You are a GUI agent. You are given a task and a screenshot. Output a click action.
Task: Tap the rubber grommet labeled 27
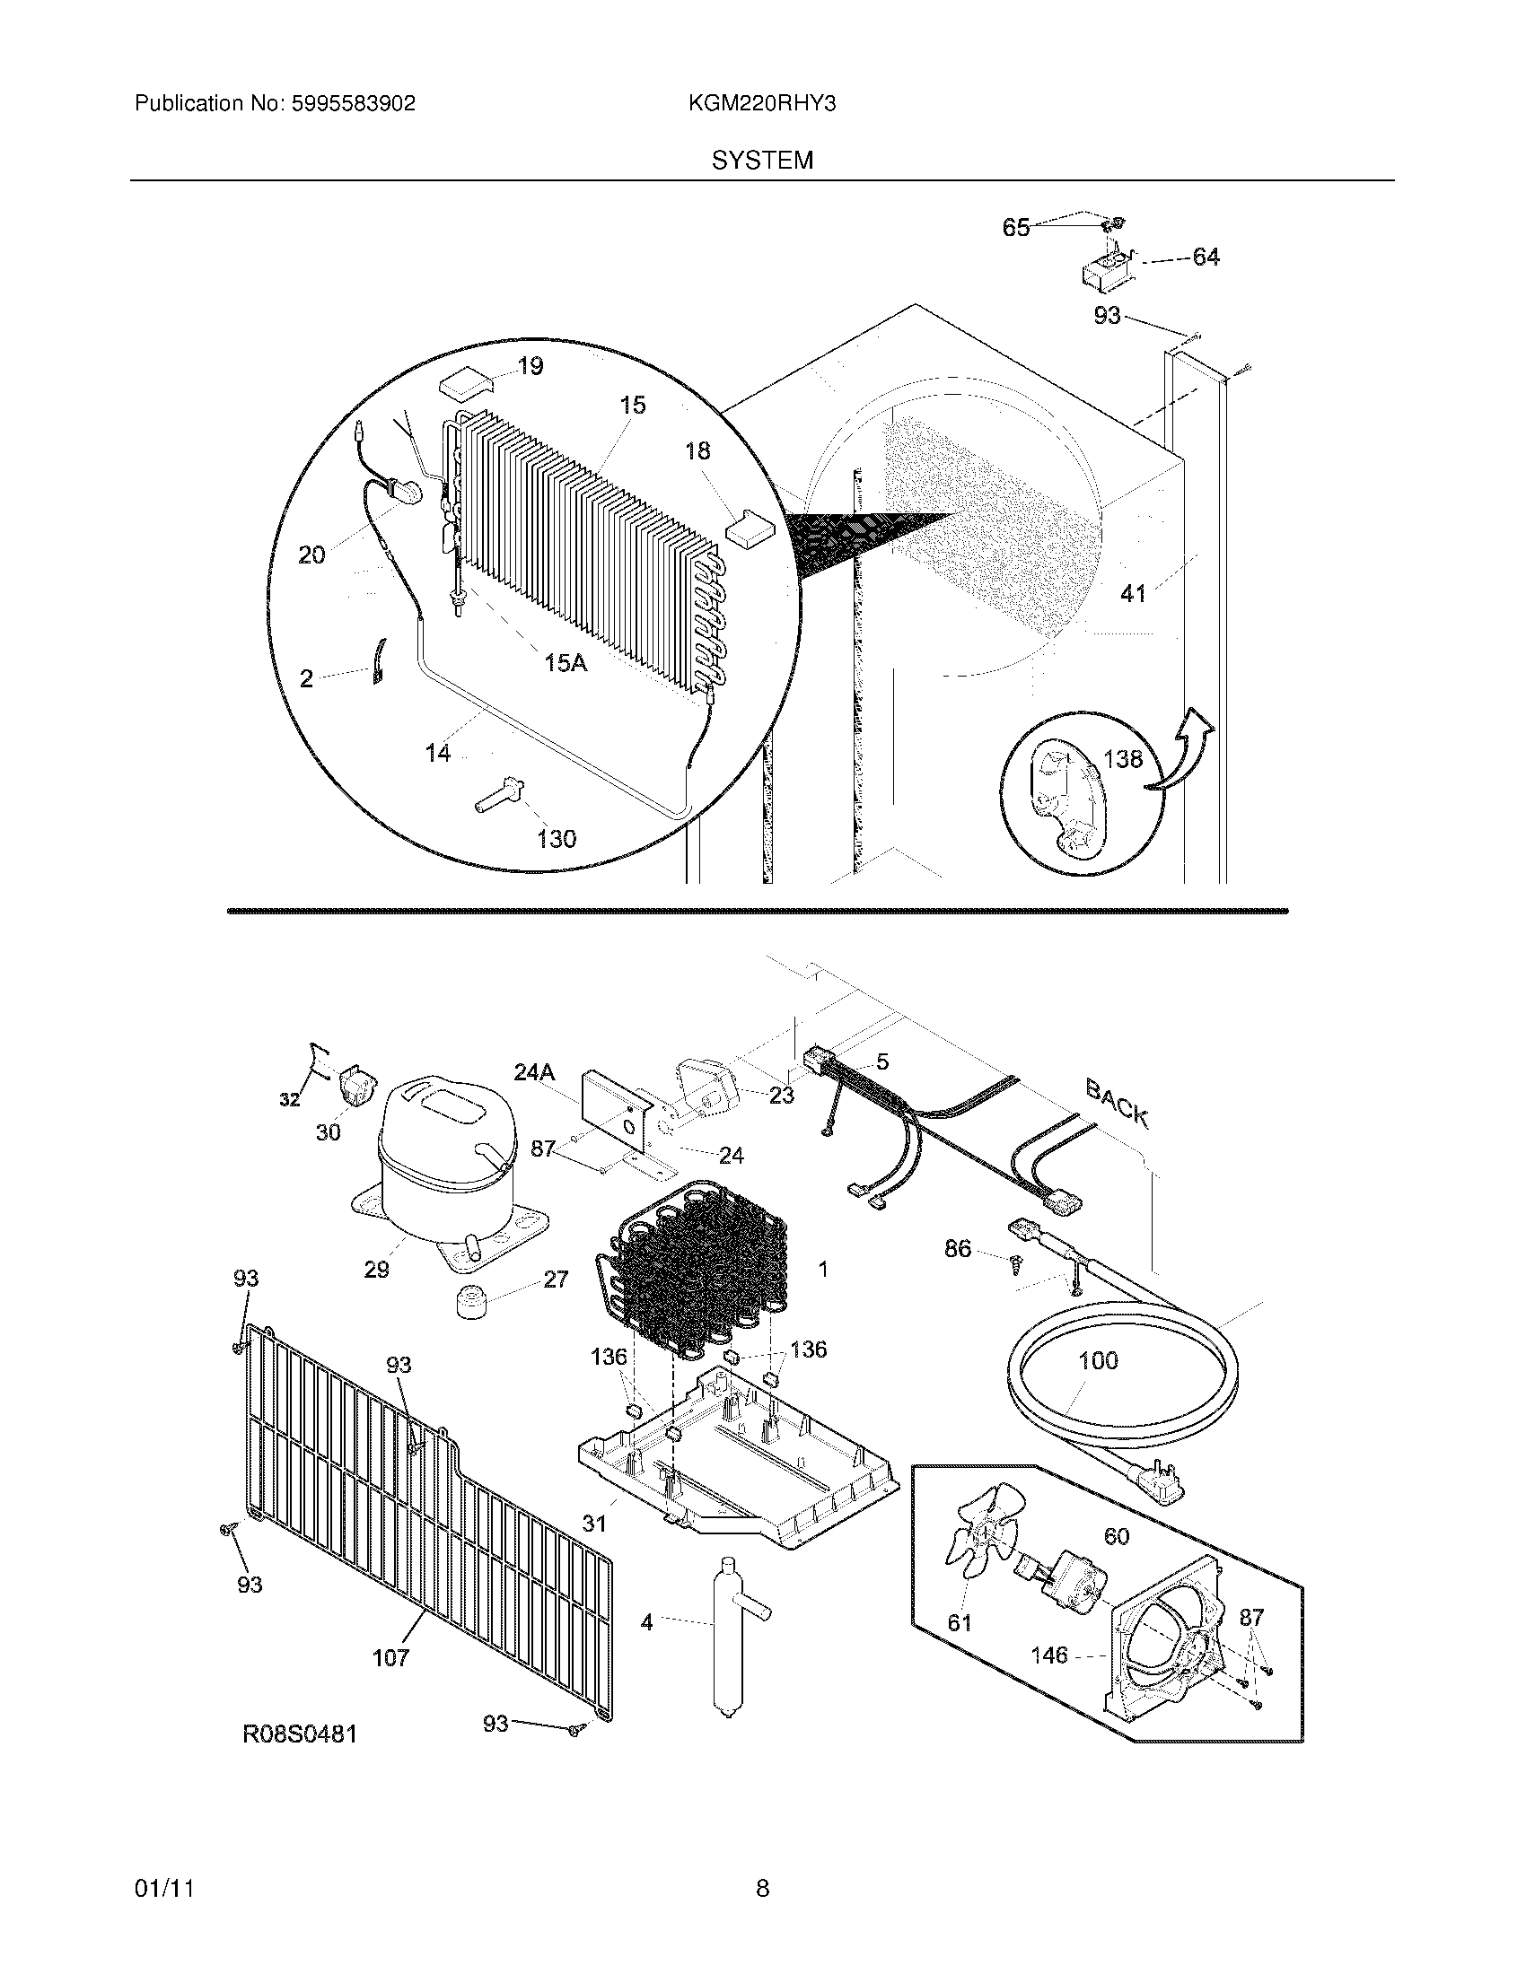point(469,1303)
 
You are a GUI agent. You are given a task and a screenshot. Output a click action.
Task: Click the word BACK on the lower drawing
point(1118,1104)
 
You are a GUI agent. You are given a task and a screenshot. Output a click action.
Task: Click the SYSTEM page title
point(762,161)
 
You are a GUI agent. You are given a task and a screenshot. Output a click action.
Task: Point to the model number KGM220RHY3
point(761,104)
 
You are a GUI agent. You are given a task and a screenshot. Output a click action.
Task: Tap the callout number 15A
point(566,663)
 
